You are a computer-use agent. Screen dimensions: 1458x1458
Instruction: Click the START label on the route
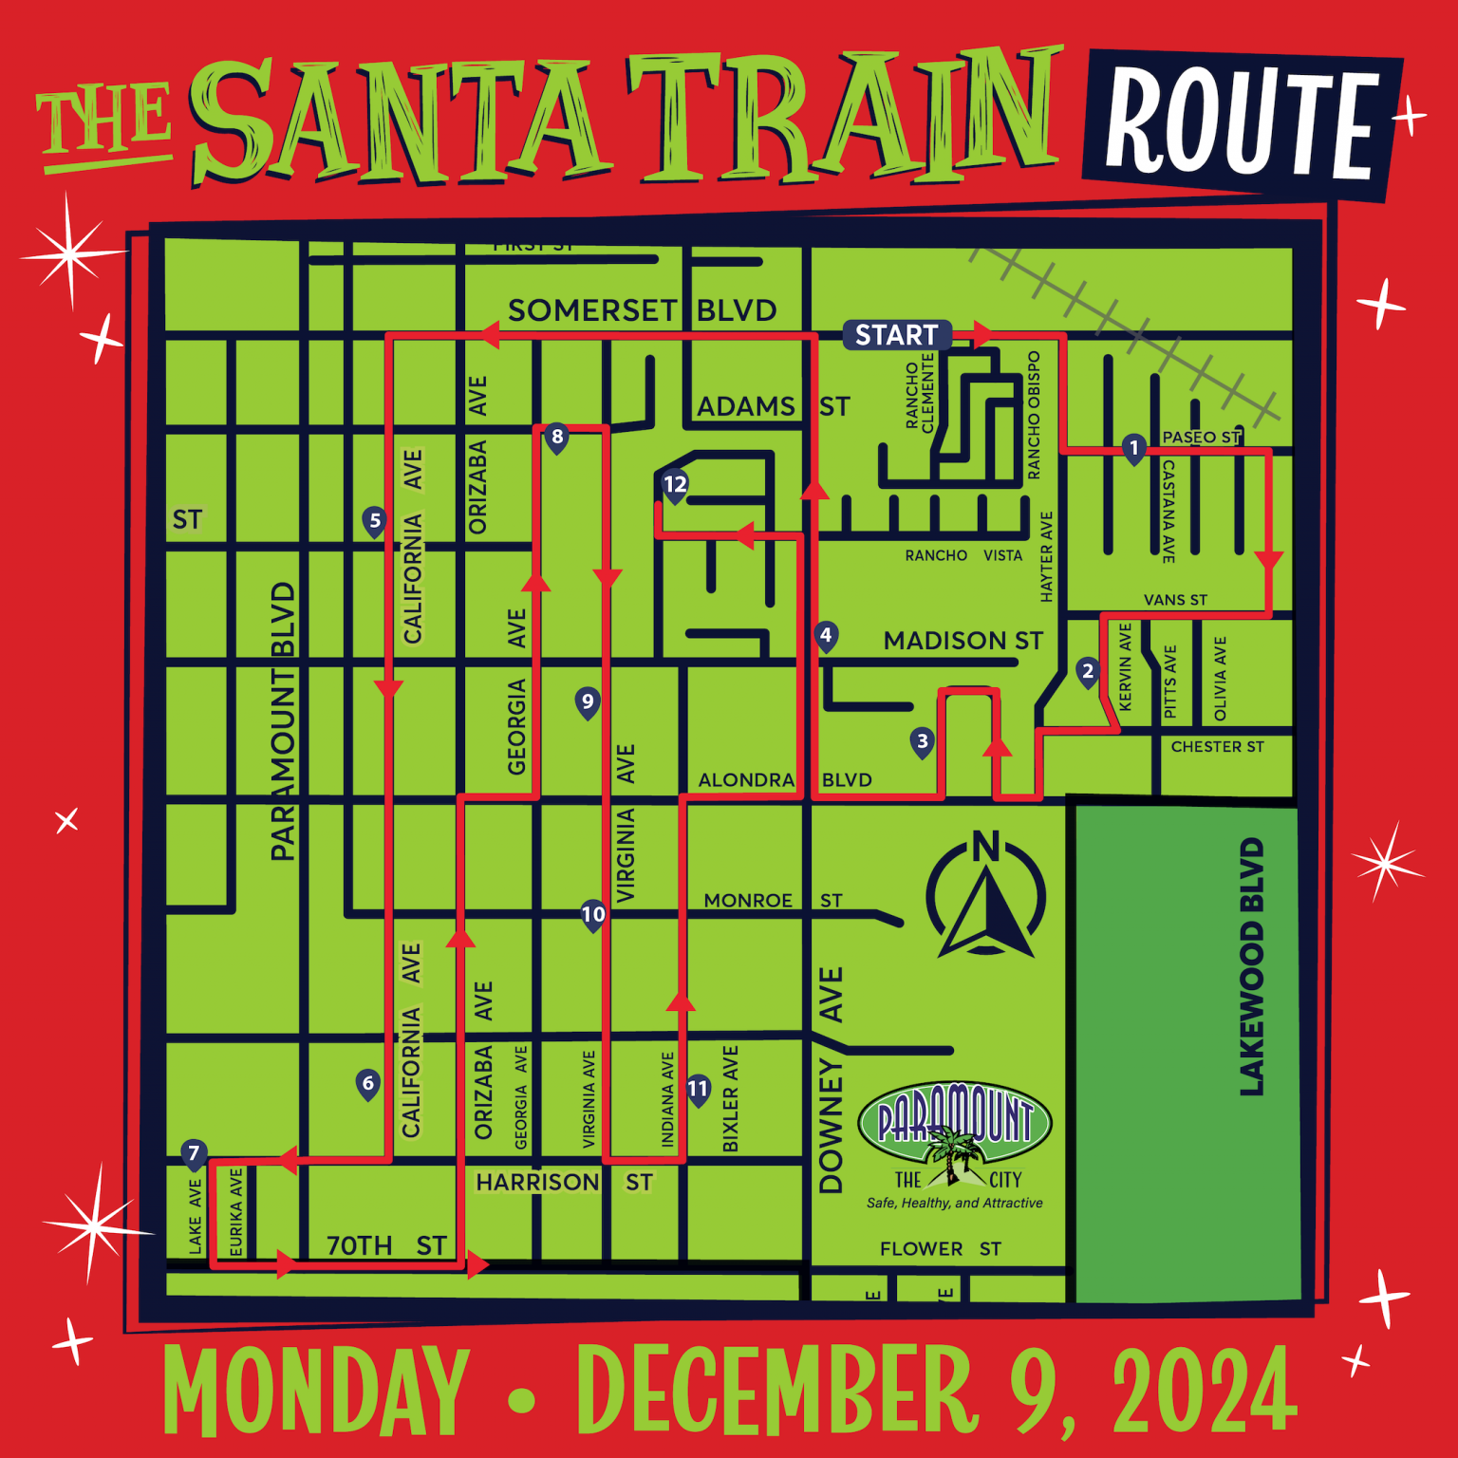tap(896, 335)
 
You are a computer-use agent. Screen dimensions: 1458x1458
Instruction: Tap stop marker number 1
tap(1133, 448)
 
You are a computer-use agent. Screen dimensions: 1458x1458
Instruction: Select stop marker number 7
tap(194, 1154)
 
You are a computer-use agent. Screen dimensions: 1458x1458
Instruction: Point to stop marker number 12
tap(675, 485)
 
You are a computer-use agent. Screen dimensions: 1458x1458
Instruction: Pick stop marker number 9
tap(588, 702)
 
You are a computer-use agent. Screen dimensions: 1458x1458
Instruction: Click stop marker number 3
tap(922, 741)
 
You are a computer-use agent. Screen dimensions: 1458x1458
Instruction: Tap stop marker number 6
tap(367, 1084)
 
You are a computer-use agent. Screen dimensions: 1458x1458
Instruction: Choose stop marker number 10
tap(593, 915)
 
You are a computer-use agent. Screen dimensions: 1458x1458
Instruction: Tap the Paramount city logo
tap(955, 1139)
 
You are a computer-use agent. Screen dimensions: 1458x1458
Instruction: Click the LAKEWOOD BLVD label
tap(1252, 966)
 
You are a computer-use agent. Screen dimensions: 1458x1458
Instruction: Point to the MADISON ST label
tap(963, 642)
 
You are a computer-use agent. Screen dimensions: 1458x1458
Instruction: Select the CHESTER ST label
tap(1217, 747)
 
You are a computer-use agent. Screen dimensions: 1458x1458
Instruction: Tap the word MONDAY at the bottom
tap(316, 1392)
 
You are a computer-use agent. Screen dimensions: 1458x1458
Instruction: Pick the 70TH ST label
tap(386, 1245)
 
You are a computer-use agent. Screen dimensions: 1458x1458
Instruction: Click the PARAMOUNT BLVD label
tap(283, 721)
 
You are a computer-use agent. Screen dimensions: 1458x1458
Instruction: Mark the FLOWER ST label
tap(940, 1249)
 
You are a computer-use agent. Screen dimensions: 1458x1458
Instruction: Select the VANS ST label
tap(1175, 600)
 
